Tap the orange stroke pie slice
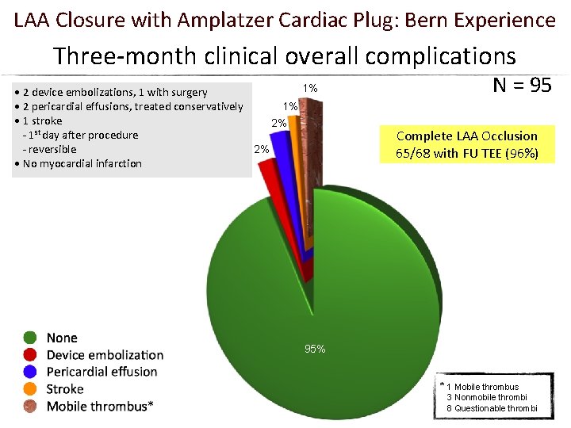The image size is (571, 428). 298,159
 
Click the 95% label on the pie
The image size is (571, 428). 315,349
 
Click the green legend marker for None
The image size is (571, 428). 31,338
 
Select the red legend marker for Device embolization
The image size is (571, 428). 31,355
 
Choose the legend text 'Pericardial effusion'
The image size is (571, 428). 102,372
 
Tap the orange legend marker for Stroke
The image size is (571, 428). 31,389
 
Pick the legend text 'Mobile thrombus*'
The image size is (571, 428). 100,406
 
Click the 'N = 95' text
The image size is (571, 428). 522,86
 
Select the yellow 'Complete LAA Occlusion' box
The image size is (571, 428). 466,144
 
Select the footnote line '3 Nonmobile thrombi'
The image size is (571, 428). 486,397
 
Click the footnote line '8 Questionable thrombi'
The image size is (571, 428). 491,407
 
